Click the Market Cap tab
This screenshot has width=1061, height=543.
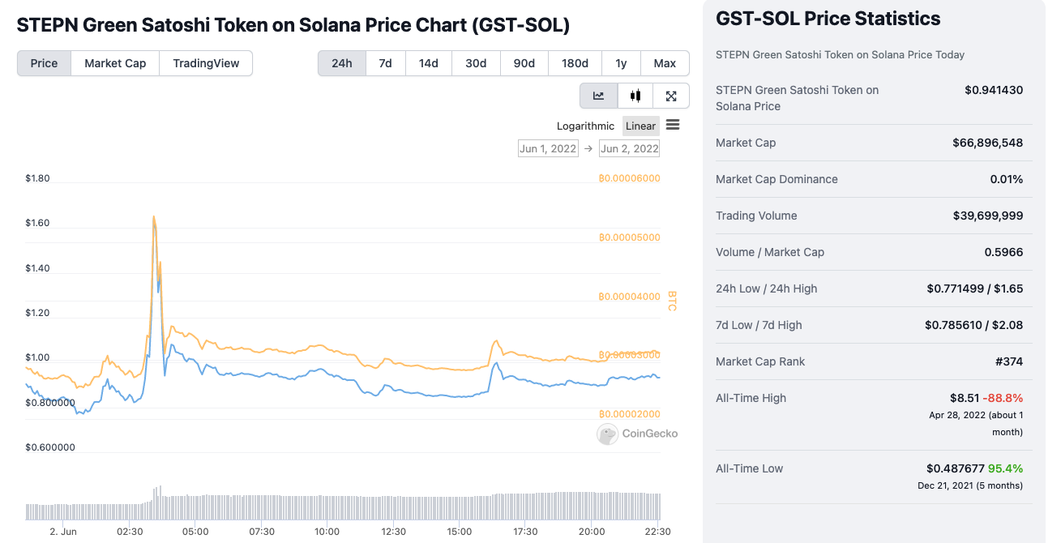(x=115, y=63)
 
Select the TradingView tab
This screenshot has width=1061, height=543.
(x=206, y=63)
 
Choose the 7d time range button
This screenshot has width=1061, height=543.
(x=385, y=63)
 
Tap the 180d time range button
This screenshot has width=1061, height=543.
(x=575, y=63)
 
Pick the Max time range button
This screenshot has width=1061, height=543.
(x=665, y=63)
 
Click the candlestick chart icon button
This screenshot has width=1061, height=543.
(x=635, y=96)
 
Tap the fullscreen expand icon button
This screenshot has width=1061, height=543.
(x=671, y=96)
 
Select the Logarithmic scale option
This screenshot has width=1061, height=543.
(x=585, y=126)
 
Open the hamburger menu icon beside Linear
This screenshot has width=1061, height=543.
(x=673, y=125)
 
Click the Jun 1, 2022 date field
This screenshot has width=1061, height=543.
(x=548, y=148)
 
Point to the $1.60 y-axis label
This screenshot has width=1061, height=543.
(x=37, y=223)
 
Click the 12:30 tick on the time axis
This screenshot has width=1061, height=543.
(x=393, y=532)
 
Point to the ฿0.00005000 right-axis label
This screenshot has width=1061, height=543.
(x=629, y=237)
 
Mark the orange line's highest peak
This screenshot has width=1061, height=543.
(x=153, y=216)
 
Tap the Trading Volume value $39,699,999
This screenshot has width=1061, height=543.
(x=987, y=216)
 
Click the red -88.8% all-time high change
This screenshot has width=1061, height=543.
(x=1003, y=398)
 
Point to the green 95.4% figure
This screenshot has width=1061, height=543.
(x=1005, y=468)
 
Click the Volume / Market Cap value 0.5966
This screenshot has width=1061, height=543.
(x=1003, y=252)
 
